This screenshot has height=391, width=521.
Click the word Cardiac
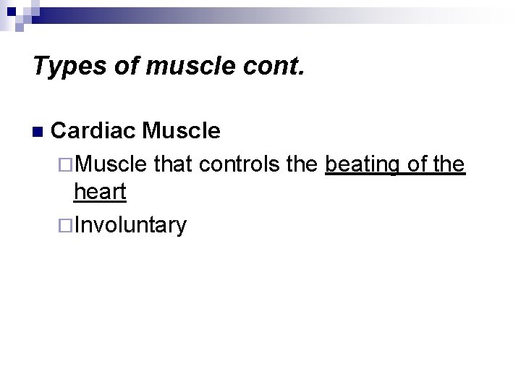point(94,131)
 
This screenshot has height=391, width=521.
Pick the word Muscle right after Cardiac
point(182,131)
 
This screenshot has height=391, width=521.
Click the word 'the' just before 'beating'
point(302,164)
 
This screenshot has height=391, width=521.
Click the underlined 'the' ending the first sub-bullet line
point(449,164)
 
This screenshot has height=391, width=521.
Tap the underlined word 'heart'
point(100,193)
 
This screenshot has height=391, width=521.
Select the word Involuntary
point(130,225)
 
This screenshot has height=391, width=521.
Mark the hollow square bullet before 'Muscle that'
point(67,165)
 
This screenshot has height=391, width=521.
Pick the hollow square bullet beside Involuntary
point(67,225)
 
